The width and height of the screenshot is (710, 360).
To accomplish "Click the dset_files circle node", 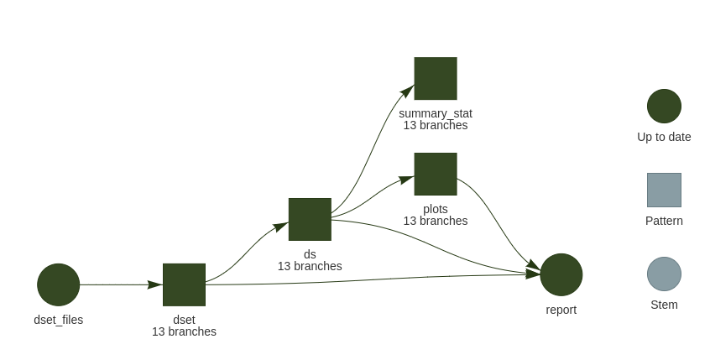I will pos(58,284).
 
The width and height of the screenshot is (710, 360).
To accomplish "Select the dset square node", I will pos(184,284).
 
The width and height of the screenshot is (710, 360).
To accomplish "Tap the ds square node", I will pos(310,219).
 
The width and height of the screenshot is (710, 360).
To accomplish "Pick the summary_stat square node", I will pos(436,78).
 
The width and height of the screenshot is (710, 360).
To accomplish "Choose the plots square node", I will pos(436,174).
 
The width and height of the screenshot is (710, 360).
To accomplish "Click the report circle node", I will pos(561,274).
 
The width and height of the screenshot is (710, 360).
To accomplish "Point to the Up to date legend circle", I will pos(664,106).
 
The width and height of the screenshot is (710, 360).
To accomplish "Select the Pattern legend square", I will pos(664,190).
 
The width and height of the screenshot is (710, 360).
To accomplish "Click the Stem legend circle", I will pos(664,274).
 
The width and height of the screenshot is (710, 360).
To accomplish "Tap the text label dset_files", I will pos(58,320).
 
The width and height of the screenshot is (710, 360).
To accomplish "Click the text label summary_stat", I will pos(436,113).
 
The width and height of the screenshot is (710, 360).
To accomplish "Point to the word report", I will pos(561,310).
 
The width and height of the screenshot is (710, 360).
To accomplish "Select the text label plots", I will pos(436,209).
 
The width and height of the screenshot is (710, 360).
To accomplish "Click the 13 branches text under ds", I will pos(310,266).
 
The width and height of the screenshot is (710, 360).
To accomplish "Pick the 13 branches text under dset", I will pos(184,331).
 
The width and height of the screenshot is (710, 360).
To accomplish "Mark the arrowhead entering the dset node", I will pos(155,284).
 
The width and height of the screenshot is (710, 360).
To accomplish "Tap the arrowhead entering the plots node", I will pos(406,178).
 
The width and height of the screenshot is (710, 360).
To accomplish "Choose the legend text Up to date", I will pos(664,137).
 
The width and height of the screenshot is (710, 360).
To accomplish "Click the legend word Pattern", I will pos(664,221).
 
